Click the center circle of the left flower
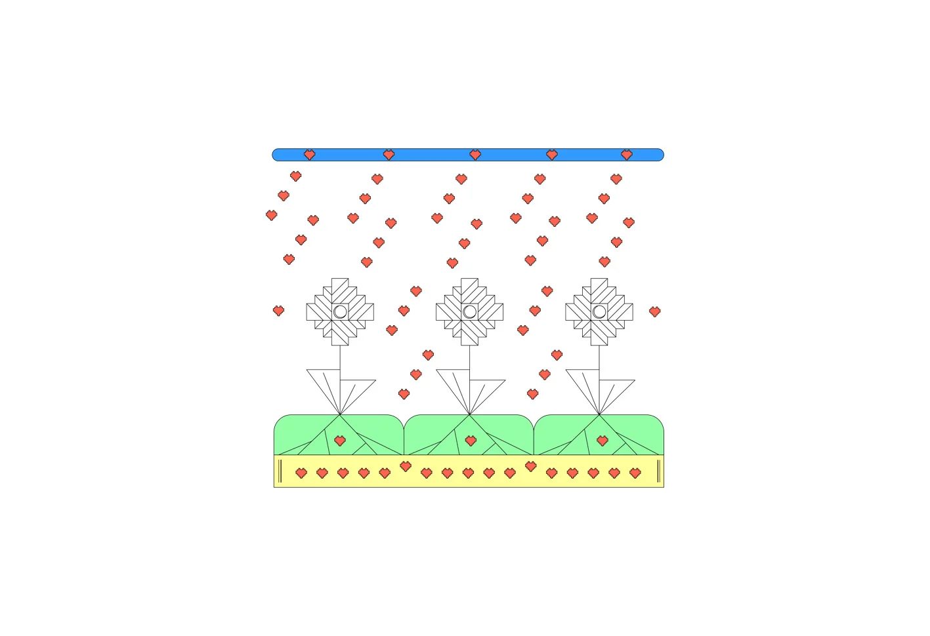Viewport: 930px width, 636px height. [x=340, y=311]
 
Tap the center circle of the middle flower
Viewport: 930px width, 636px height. [x=470, y=311]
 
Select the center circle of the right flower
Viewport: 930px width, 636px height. [x=599, y=311]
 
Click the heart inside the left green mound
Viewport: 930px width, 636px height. [x=340, y=441]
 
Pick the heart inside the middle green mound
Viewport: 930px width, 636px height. [x=471, y=441]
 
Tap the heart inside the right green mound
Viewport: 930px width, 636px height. [x=602, y=441]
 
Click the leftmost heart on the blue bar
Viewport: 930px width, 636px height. [x=310, y=155]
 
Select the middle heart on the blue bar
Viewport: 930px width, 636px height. [x=475, y=155]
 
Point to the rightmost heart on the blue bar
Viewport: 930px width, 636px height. [x=627, y=155]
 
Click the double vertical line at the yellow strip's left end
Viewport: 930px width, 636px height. [x=280, y=471]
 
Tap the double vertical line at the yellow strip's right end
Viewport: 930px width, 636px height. [x=658, y=471]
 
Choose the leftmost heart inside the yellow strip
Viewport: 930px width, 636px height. [x=301, y=473]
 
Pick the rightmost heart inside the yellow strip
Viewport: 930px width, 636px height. [x=635, y=473]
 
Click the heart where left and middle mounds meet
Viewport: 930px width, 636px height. [x=406, y=466]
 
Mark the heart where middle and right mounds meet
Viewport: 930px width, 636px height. [x=531, y=466]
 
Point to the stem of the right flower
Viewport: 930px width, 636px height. [x=599, y=357]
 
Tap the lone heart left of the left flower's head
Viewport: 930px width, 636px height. [x=278, y=311]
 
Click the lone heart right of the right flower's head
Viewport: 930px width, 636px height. [x=654, y=311]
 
